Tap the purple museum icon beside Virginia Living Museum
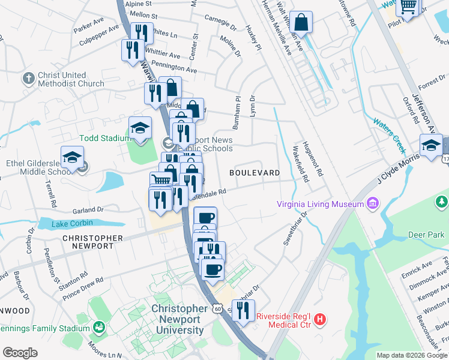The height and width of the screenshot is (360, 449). click(x=373, y=203)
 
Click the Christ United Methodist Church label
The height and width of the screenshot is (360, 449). click(x=71, y=79)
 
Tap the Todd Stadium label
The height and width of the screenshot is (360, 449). click(x=105, y=138)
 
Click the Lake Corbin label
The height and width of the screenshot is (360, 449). click(x=72, y=223)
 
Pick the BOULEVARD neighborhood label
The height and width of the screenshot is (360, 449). click(x=255, y=173)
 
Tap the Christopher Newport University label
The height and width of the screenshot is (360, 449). click(x=179, y=320)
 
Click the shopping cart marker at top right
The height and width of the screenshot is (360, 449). click(x=408, y=7)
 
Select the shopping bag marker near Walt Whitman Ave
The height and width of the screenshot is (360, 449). click(x=301, y=22)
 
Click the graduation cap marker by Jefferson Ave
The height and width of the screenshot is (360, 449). click(x=431, y=146)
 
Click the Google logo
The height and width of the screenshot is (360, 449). click(x=20, y=353)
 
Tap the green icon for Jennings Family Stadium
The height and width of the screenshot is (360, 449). click(x=98, y=328)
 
